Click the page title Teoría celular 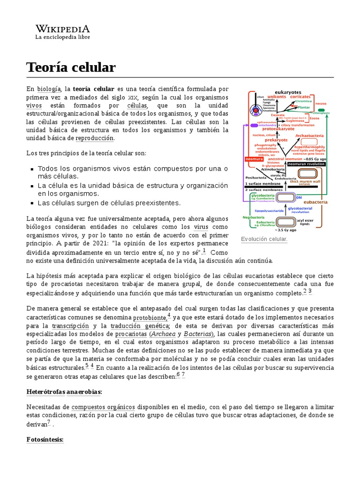click(71, 67)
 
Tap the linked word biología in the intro click(49, 89)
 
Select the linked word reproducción click(95, 138)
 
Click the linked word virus click(201, 227)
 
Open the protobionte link click(150, 318)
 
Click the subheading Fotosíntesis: click(45, 440)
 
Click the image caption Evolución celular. click(264, 239)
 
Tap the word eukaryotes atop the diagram click(288, 92)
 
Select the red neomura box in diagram click(254, 159)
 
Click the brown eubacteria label click(317, 202)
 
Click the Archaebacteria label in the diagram click(309, 135)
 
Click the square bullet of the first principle click(32, 169)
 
